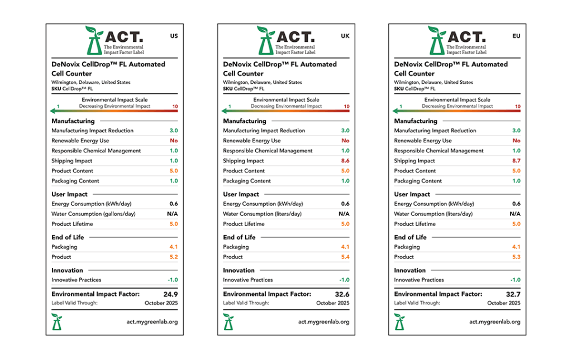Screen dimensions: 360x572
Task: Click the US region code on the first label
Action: pyautogui.click(x=174, y=36)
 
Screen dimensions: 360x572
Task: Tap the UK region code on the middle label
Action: pyautogui.click(x=345, y=36)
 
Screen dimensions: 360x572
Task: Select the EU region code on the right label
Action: pyautogui.click(x=516, y=36)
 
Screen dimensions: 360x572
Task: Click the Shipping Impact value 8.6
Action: pyautogui.click(x=345, y=161)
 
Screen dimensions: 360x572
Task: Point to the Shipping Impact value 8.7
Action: pyautogui.click(x=516, y=161)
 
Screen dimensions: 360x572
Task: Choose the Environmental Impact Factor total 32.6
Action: pyautogui.click(x=341, y=294)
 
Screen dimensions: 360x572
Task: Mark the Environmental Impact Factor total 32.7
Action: pyautogui.click(x=512, y=294)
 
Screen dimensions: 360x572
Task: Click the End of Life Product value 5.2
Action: pyautogui.click(x=173, y=257)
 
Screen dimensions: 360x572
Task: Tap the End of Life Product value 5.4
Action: pyautogui.click(x=345, y=257)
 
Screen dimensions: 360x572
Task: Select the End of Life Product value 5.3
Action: pyautogui.click(x=516, y=257)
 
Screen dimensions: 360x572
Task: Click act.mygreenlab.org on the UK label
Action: pyautogui.click(x=323, y=321)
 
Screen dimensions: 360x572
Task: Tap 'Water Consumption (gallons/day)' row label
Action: pyautogui.click(x=93, y=214)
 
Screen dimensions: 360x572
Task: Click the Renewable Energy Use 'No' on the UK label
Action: pyautogui.click(x=345, y=141)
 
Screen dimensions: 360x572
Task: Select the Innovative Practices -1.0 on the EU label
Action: pyautogui.click(x=515, y=280)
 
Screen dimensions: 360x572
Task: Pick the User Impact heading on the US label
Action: pyautogui.click(x=69, y=194)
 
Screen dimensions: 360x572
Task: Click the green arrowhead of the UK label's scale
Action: pyautogui.click(x=225, y=111)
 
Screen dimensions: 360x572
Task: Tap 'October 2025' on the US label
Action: pyautogui.click(x=161, y=303)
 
